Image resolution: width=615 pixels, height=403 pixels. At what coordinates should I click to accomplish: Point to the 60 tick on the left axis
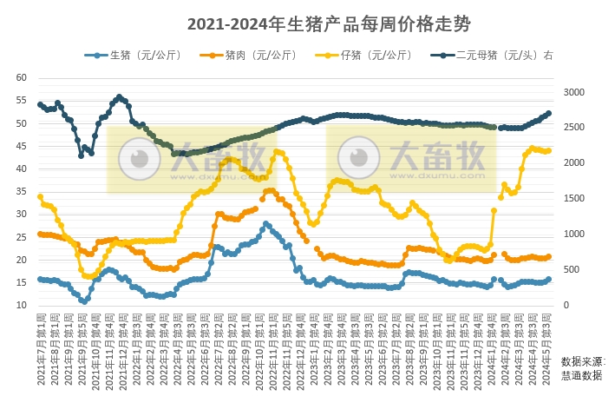point(23,77)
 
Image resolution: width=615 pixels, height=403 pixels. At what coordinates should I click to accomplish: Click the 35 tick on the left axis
point(23,191)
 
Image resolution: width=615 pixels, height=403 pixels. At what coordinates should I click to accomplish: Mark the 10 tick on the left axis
point(23,306)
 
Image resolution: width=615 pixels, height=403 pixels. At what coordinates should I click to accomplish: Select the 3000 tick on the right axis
point(575,91)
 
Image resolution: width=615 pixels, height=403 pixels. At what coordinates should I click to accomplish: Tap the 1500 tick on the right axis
point(575,198)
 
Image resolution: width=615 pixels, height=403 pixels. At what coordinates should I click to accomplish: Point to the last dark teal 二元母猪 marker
point(548,113)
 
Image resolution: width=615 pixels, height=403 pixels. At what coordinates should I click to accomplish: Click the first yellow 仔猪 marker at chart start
point(40,196)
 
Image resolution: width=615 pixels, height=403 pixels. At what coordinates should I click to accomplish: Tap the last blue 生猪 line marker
point(548,279)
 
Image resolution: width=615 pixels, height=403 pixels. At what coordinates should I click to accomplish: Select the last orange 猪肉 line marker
point(548,256)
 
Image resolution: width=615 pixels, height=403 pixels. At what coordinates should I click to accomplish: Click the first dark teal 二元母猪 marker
point(40,104)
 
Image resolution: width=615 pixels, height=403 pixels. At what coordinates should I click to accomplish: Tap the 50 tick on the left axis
point(23,123)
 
